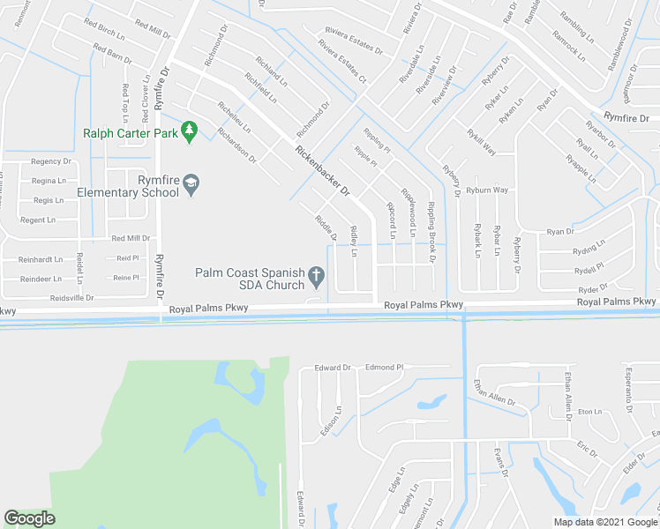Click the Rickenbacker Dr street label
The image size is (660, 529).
pyautogui.click(x=323, y=171)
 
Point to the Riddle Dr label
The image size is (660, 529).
pyautogui.click(x=326, y=226)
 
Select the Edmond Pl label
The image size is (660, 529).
pyautogui.click(x=384, y=367)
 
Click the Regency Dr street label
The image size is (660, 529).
pyautogui.click(x=51, y=162)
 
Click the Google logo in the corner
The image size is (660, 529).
pyautogui.click(x=29, y=518)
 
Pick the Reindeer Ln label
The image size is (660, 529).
pyautogui.click(x=41, y=277)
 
